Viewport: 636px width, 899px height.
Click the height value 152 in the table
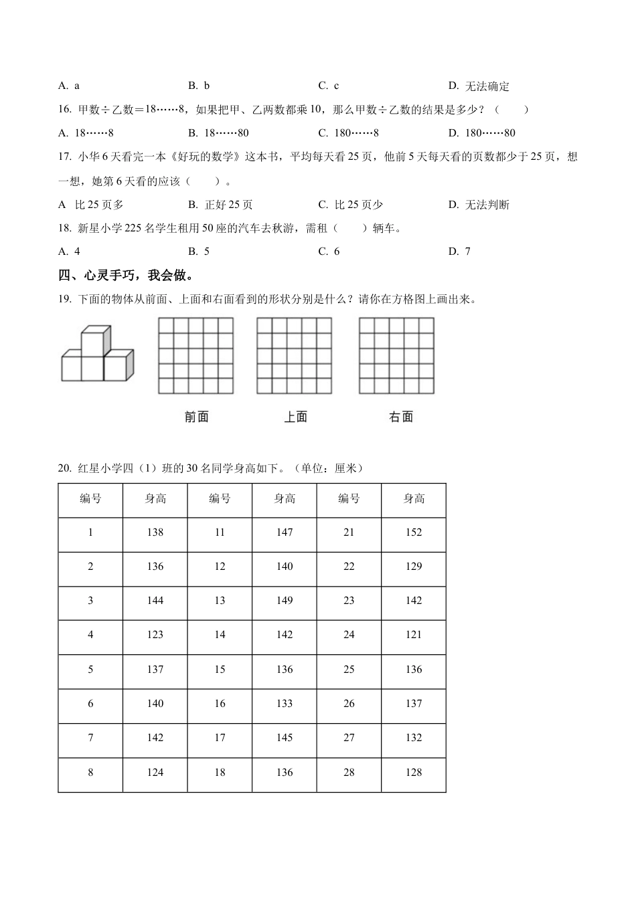point(414,532)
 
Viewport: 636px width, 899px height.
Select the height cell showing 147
point(285,532)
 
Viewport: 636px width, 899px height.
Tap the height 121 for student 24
point(414,635)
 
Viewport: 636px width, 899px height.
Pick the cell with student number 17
point(220,738)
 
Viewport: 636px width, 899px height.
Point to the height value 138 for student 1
point(155,532)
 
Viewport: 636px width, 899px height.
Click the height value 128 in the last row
point(414,773)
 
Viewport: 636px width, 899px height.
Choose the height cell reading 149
point(285,601)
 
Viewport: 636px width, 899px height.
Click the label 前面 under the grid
point(196,417)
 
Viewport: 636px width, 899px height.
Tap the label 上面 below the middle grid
point(295,417)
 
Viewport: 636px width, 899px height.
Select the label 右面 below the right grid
point(400,417)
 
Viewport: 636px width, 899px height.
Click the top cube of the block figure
point(93,342)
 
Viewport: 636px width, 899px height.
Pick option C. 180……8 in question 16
point(348,133)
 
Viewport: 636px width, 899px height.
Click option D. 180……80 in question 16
point(481,133)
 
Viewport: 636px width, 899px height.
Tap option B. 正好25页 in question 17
point(220,205)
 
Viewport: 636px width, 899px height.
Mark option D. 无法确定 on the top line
point(479,86)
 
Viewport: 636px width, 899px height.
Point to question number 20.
point(64,468)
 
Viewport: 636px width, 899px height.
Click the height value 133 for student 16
point(285,704)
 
